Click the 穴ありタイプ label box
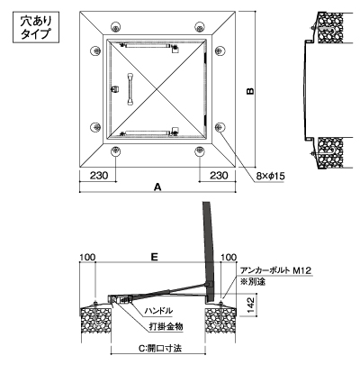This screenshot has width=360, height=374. coord(36,27)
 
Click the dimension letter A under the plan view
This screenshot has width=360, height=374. coord(157,187)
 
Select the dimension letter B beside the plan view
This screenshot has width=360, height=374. coord(250,91)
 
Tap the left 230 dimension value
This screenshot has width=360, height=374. coord(99,175)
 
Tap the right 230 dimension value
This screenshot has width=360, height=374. coord(219,175)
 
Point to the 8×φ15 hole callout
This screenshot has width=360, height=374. coord(270,177)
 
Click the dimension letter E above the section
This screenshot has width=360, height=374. coord(154,257)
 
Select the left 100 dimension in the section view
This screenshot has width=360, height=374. coord(87,257)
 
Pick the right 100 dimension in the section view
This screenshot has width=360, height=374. coord(229,257)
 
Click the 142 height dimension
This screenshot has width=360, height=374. coord(251,305)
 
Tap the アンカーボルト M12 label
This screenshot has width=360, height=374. coord(275,270)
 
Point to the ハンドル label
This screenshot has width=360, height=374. coord(158,311)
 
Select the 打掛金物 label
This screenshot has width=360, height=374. coord(166,326)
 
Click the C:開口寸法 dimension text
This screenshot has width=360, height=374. coord(160,348)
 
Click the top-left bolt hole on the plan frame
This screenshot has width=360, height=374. coord(116,27)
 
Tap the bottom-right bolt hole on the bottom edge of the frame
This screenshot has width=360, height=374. coord(199,151)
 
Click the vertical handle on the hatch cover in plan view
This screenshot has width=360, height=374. coord(130,89)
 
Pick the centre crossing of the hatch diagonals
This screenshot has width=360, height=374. coord(157,89)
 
